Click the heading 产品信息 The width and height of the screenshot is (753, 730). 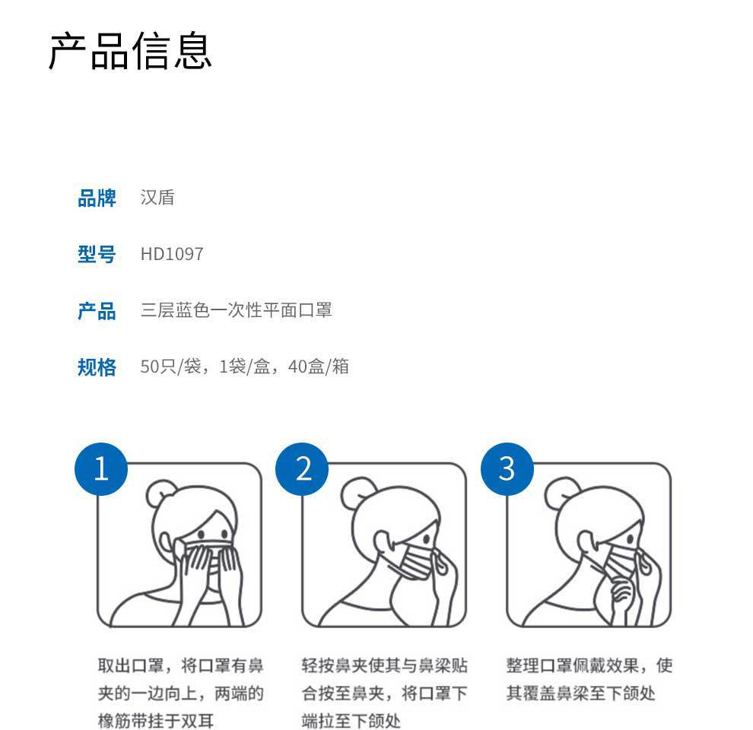pos(130,51)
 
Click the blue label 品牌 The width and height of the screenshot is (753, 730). pos(97,198)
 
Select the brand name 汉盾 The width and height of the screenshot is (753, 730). pos(157,198)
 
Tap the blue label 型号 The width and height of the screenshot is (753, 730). pos(97,255)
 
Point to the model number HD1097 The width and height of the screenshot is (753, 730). pos(172,254)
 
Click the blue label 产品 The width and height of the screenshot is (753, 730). pos(97,311)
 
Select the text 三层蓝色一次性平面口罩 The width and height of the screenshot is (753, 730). pos(237,310)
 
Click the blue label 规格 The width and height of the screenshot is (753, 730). pos(97,367)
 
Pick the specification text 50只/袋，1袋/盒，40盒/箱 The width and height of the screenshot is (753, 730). pos(244,367)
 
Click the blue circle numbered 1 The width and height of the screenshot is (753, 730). pos(101,468)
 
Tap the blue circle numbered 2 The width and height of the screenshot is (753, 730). pos(303,468)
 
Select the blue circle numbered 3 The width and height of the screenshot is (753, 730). pos(507,468)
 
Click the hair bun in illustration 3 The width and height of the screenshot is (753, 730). pos(561,494)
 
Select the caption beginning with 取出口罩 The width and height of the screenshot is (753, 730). pos(181,693)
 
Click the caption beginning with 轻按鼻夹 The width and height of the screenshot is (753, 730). pos(384,693)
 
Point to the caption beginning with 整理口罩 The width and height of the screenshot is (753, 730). pos(589,679)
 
